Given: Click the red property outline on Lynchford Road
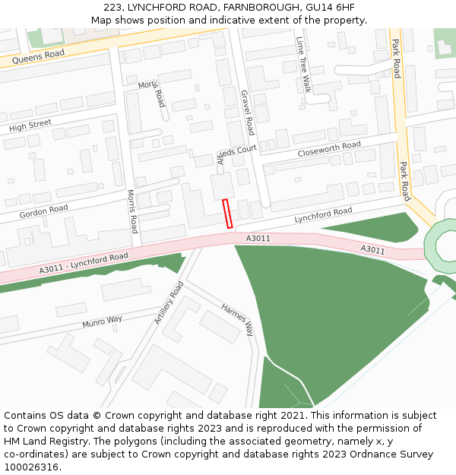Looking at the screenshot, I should point(227,213).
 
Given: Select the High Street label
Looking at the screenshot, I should point(30,125).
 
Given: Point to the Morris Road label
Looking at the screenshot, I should point(132,211).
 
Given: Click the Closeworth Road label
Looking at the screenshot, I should point(329,149).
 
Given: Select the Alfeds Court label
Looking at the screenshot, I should point(237,154).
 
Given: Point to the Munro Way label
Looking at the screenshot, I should point(103,322).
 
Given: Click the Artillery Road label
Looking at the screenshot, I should point(169,302).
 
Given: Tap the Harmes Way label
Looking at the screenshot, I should point(238,320).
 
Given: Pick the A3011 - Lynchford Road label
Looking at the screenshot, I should point(84,263).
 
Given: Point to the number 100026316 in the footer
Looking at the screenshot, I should point(32,467).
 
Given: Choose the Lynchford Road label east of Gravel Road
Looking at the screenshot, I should point(323,216).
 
